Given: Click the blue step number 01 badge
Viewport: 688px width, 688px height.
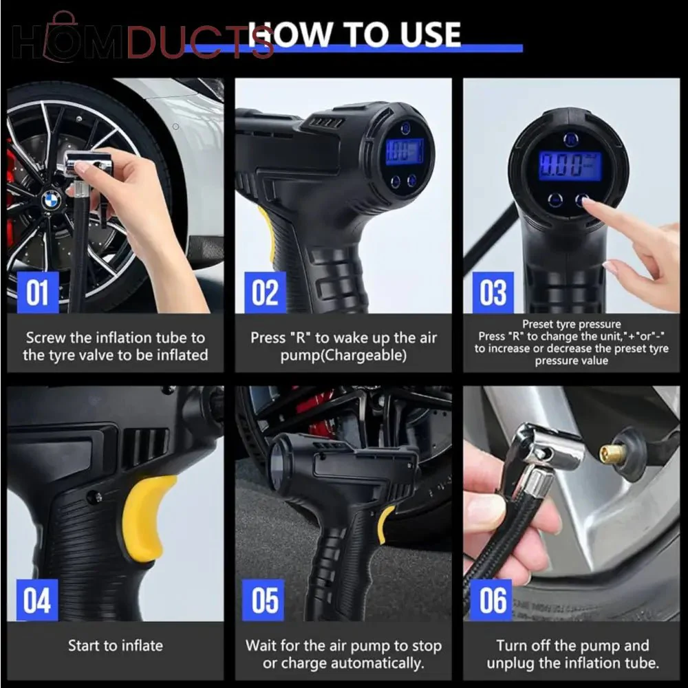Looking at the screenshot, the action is coord(38,292).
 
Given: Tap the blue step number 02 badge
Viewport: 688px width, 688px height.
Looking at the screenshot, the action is coord(265,292).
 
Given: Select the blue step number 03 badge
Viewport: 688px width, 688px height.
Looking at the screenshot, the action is coord(493,292).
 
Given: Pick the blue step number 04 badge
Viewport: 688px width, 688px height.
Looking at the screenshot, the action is coord(37,600).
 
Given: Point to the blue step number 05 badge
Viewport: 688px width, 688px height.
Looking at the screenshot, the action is coord(263,600).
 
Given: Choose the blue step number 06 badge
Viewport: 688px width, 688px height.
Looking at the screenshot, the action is coord(491,600).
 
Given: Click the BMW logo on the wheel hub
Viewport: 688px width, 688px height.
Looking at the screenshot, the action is coord(52,200).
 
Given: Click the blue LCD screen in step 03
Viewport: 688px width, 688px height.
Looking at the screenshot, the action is coord(570,166).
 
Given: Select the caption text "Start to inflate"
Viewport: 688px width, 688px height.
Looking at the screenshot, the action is coord(116,645).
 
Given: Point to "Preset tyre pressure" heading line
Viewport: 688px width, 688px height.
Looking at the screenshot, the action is coord(571,324).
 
